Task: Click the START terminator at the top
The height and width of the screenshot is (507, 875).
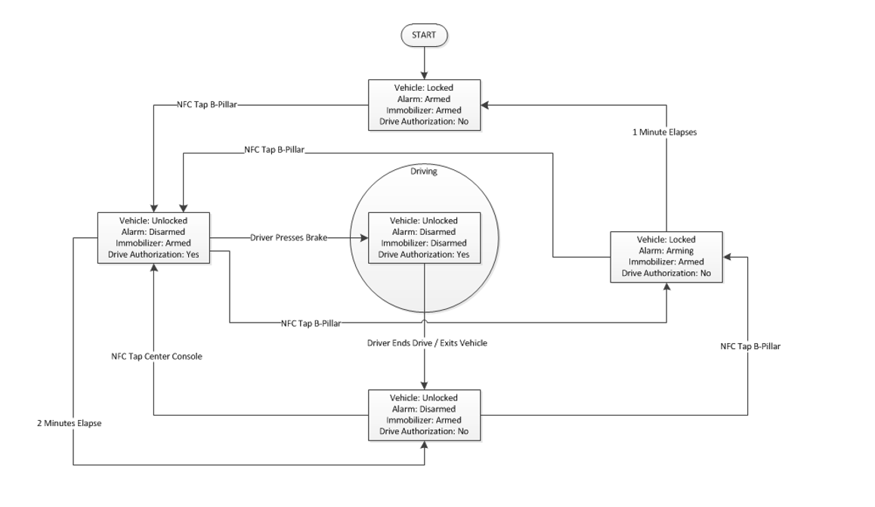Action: coord(424,34)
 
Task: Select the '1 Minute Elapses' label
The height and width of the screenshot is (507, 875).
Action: coord(664,131)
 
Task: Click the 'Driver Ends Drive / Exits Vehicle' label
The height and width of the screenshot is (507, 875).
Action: coord(428,343)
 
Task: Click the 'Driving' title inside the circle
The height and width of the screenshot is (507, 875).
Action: coord(423,172)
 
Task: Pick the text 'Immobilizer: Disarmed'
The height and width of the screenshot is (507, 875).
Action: coord(423,243)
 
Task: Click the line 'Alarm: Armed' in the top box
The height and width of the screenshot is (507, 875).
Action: coord(423,98)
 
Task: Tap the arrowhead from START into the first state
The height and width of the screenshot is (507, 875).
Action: coord(424,76)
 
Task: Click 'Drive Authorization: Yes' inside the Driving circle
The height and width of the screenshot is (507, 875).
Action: coord(423,254)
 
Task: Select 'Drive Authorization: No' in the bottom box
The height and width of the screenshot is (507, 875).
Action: coord(423,431)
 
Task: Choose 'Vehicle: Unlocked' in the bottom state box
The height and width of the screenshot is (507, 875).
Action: coord(423,397)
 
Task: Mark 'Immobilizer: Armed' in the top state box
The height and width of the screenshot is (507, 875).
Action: coord(423,109)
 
